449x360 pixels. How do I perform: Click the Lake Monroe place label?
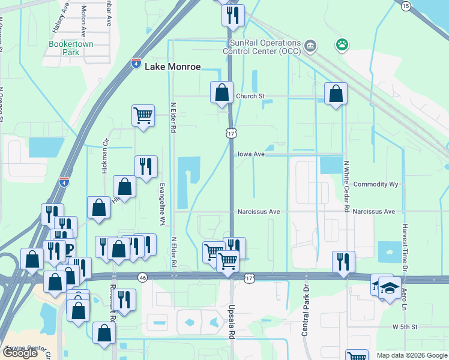point(172,67)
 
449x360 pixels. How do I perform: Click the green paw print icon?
point(342,44)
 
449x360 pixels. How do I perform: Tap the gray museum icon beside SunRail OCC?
point(310,44)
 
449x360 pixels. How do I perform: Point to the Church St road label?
point(250,96)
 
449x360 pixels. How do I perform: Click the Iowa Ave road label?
point(250,154)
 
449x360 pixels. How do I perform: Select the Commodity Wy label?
point(376,184)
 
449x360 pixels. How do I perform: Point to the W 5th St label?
point(405,327)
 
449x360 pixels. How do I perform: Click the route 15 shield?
point(406,5)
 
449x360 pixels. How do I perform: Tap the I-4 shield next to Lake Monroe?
point(136,63)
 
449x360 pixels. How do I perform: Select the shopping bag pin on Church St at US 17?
point(221,93)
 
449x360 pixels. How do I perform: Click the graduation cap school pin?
point(390,288)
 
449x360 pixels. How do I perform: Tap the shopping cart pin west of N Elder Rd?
point(143,115)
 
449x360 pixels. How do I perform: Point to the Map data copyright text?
point(411,355)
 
